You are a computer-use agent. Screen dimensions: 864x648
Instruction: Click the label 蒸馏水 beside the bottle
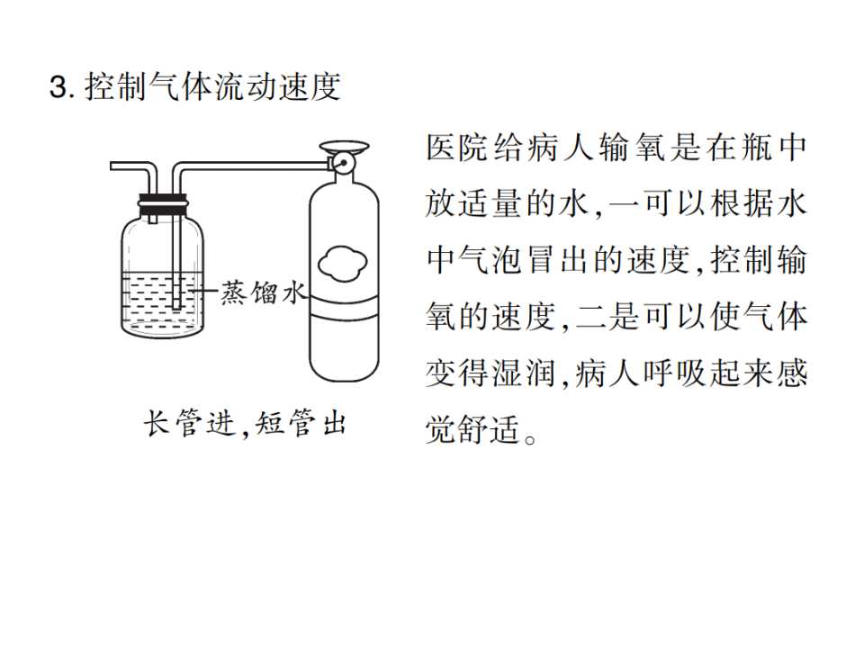(x=263, y=292)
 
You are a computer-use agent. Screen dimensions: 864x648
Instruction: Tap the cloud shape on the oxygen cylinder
(x=343, y=264)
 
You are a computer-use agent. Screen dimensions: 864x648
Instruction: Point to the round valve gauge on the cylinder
(x=341, y=163)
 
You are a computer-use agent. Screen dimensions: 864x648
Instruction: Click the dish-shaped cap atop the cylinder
(x=344, y=147)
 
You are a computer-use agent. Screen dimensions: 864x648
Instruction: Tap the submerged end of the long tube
(x=176, y=307)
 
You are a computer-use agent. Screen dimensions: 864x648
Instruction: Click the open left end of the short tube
(x=112, y=166)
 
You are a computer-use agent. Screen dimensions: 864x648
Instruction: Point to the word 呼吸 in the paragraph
(x=674, y=373)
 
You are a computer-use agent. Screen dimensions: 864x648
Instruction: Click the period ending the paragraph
(x=530, y=439)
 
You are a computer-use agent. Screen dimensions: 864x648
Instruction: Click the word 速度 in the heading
(x=309, y=87)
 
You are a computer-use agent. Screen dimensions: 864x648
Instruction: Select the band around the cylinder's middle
(x=344, y=307)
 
